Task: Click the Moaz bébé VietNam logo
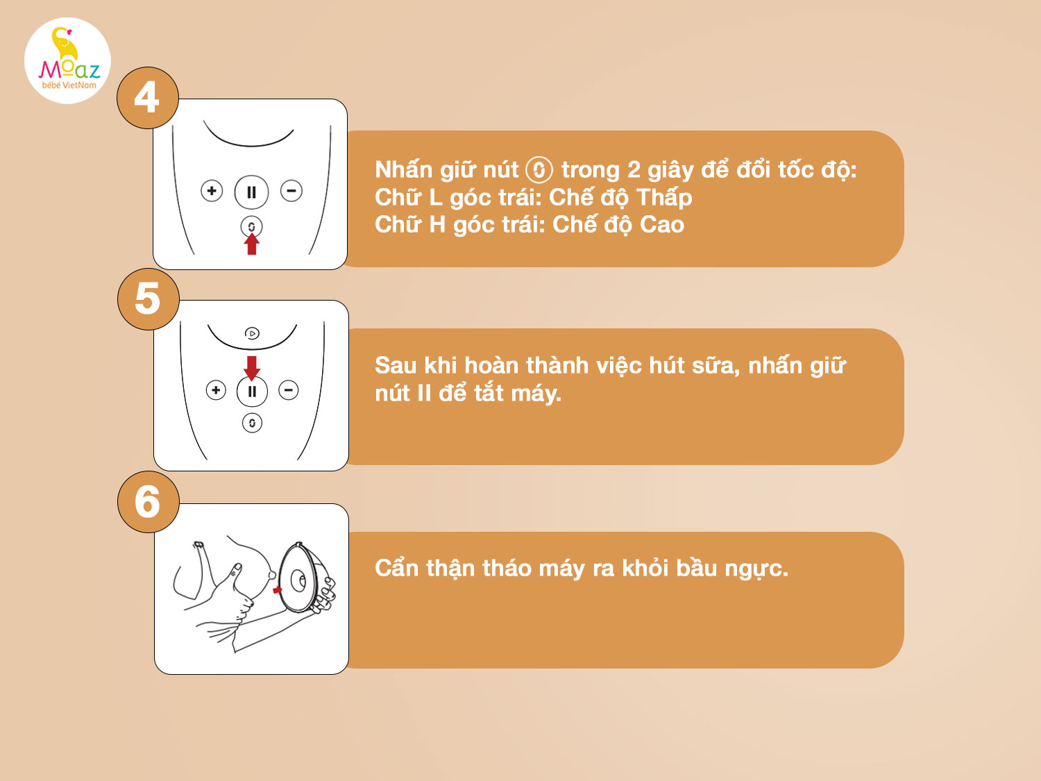(x=67, y=60)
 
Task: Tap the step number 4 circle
(x=148, y=98)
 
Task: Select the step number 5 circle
(x=148, y=299)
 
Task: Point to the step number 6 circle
(x=148, y=502)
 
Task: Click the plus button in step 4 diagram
(x=212, y=191)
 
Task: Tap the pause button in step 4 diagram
(x=251, y=192)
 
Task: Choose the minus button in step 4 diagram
(x=291, y=191)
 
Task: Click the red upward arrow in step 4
(x=251, y=244)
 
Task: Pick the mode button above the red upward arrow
(x=251, y=227)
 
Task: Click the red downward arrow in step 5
(x=252, y=368)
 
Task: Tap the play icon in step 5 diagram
(x=252, y=333)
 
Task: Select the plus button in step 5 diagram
(x=216, y=390)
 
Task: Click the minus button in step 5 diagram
(x=288, y=390)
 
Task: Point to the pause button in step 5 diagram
(x=252, y=392)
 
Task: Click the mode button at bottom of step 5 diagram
(x=252, y=423)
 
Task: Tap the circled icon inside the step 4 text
(x=539, y=170)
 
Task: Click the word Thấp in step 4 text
(x=664, y=197)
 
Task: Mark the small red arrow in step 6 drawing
(x=278, y=590)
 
